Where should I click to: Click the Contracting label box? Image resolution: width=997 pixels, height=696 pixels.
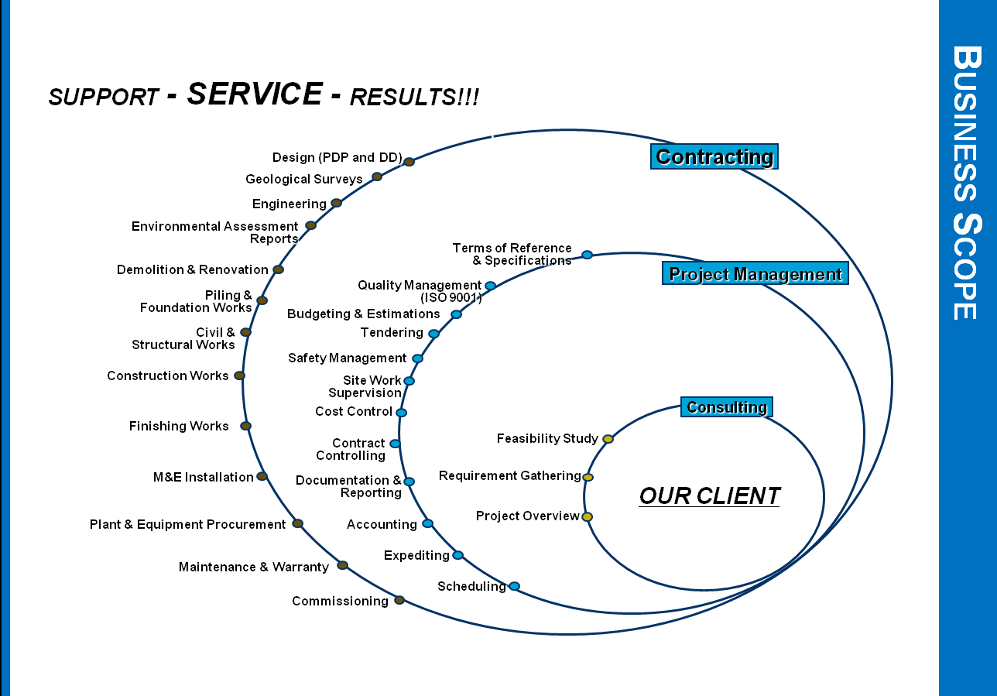click(x=714, y=156)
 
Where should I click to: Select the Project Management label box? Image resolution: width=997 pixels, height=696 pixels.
click(x=755, y=274)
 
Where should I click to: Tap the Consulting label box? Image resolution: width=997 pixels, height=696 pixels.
click(x=726, y=407)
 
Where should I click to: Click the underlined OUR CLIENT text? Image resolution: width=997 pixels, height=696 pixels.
click(x=709, y=495)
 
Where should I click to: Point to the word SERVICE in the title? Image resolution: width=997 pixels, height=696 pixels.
click(x=255, y=94)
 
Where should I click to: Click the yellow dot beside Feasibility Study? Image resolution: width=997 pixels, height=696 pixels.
click(x=608, y=439)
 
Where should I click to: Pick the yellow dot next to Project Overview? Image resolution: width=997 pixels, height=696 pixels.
click(x=587, y=516)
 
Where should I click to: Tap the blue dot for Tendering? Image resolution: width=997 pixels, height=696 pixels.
click(x=433, y=334)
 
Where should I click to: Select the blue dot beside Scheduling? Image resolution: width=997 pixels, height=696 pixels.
click(x=514, y=586)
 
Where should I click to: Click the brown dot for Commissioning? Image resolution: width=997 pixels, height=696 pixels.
click(x=399, y=600)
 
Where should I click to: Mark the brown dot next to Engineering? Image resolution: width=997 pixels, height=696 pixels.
click(x=336, y=203)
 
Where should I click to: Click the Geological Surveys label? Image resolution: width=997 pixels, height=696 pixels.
click(x=303, y=180)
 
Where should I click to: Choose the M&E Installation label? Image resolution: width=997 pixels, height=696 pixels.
click(x=203, y=478)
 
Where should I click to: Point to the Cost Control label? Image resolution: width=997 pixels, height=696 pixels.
click(x=354, y=412)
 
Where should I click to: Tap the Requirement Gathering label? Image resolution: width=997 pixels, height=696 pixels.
click(x=509, y=475)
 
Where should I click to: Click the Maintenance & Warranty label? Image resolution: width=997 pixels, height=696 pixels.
click(x=253, y=567)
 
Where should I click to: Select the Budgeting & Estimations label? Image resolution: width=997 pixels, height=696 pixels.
click(x=363, y=314)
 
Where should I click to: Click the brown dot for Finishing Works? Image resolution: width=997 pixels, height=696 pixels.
click(x=245, y=426)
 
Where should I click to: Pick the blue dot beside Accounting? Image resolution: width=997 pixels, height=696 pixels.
click(x=427, y=523)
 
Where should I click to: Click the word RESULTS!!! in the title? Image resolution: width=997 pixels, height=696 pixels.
click(x=414, y=98)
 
